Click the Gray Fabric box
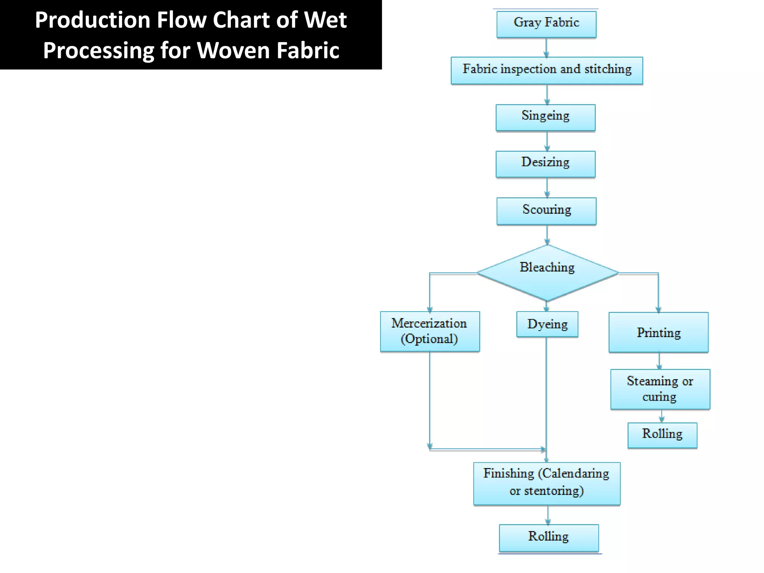point(546,24)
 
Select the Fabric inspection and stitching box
point(547,70)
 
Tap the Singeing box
point(545,117)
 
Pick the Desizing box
point(545,164)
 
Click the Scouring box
point(546,211)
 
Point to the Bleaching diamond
point(547,273)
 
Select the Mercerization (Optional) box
point(430,331)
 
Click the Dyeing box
point(547,324)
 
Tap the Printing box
point(658,332)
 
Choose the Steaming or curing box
point(660,389)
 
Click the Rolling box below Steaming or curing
point(662,435)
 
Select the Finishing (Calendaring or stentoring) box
point(547,483)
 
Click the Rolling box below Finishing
point(548,537)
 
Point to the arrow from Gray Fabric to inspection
point(547,47)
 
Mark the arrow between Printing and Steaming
point(659,361)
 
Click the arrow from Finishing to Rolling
point(548,515)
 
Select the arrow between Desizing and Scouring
point(547,188)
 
